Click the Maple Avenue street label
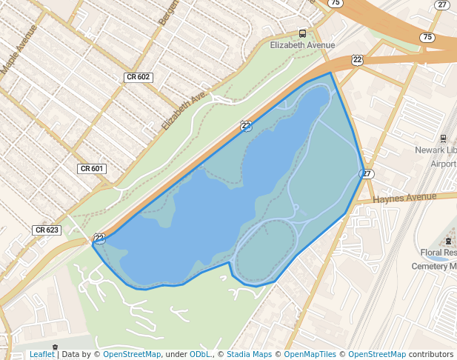(x=19, y=50)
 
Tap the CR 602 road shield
(x=138, y=77)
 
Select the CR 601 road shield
(x=92, y=169)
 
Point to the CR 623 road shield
(x=47, y=230)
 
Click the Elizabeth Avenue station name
(x=302, y=45)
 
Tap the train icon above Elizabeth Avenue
(x=302, y=33)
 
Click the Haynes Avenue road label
(x=404, y=198)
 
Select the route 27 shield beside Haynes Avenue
(x=367, y=174)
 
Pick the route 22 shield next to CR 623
(x=99, y=238)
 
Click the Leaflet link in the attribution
(x=42, y=355)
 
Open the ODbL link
(x=200, y=355)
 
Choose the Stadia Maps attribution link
(x=249, y=355)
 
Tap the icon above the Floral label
(x=449, y=241)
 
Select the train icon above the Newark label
(x=444, y=138)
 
